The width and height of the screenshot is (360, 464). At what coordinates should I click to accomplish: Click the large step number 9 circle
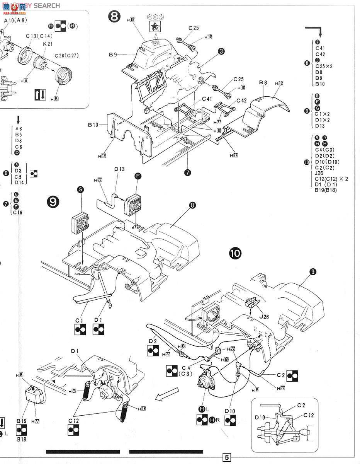tap(53, 202)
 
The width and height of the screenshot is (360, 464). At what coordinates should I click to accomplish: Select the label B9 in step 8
tap(113, 55)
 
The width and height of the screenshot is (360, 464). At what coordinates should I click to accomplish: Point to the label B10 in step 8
tap(93, 125)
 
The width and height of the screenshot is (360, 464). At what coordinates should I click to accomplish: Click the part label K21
tap(48, 44)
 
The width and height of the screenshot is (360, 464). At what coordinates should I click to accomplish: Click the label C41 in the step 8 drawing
tap(207, 99)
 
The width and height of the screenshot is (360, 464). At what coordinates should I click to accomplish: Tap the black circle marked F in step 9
tap(138, 176)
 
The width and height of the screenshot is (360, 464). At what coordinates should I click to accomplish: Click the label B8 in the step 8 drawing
tap(264, 82)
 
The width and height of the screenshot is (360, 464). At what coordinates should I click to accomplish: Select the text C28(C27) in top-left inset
tap(67, 55)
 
